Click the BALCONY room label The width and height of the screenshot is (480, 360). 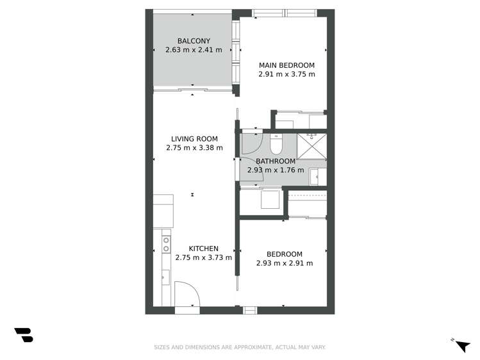194,41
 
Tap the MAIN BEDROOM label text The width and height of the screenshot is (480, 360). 286,65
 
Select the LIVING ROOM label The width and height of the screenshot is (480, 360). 194,138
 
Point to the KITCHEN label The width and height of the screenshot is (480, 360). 203,249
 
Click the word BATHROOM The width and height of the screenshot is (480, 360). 276,161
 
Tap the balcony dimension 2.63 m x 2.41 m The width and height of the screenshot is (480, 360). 194,50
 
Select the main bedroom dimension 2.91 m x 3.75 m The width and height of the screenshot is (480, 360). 286,74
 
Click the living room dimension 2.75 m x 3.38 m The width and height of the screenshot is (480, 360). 194,147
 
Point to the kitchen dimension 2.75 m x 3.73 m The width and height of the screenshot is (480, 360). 203,258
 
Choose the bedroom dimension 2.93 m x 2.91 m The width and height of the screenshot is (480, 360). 284,263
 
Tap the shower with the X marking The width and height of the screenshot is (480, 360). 312,147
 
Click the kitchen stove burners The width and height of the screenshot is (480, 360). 166,244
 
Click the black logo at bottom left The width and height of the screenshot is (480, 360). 23,335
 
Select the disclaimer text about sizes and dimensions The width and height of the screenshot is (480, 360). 240,347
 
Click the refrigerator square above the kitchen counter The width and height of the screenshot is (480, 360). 163,210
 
